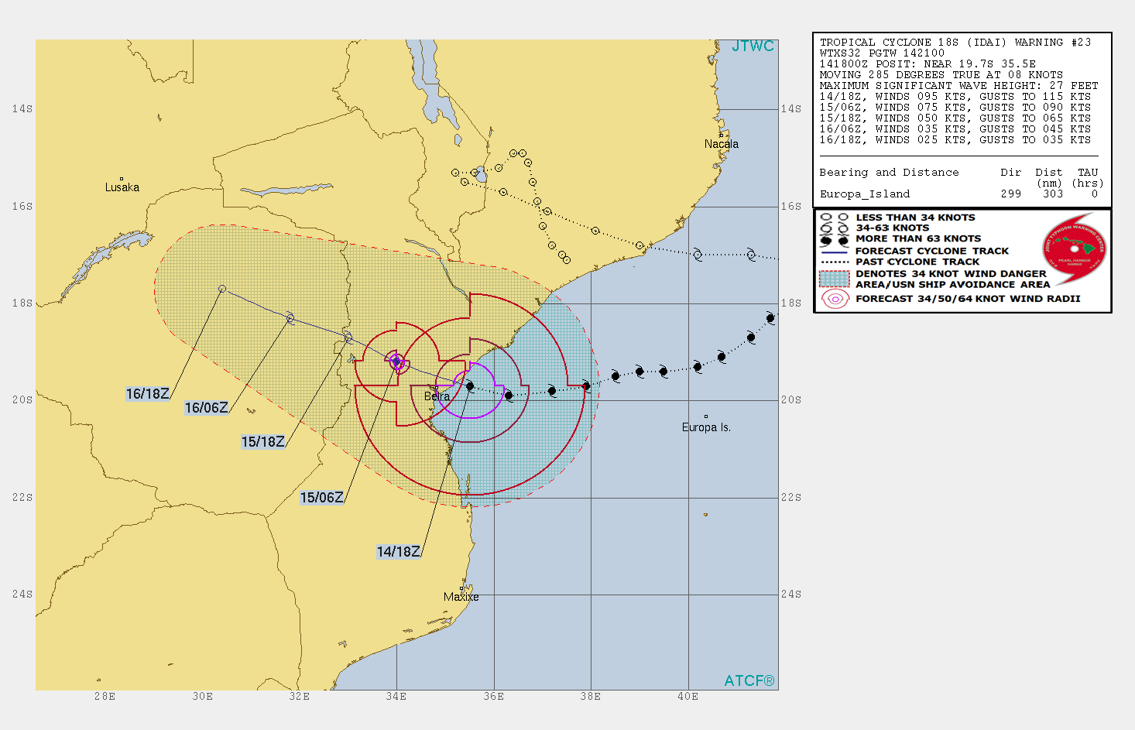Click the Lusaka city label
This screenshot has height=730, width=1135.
(122, 187)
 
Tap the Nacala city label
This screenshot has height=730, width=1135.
(721, 144)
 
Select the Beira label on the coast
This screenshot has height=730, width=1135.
(437, 396)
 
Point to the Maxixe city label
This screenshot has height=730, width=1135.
(461, 597)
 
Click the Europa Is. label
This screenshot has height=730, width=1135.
(706, 427)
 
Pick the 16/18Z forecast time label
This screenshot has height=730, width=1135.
(147, 394)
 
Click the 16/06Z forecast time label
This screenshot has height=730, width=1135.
(206, 408)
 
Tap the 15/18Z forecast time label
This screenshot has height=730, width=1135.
(263, 442)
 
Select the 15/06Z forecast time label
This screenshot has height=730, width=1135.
(321, 498)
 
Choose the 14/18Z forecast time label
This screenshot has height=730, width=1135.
(398, 552)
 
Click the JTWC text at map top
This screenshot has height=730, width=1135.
(753, 46)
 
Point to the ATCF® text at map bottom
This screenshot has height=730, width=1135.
(749, 681)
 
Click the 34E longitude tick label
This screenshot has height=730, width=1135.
(396, 697)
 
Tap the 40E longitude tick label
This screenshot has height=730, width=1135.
(688, 697)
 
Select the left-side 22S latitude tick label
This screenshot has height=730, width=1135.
(22, 497)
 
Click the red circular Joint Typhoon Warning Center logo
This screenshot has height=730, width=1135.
(1075, 250)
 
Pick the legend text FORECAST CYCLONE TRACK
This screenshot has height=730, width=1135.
(932, 251)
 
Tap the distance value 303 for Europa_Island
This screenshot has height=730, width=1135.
(1052, 194)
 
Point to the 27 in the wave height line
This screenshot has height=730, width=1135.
(1056, 86)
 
